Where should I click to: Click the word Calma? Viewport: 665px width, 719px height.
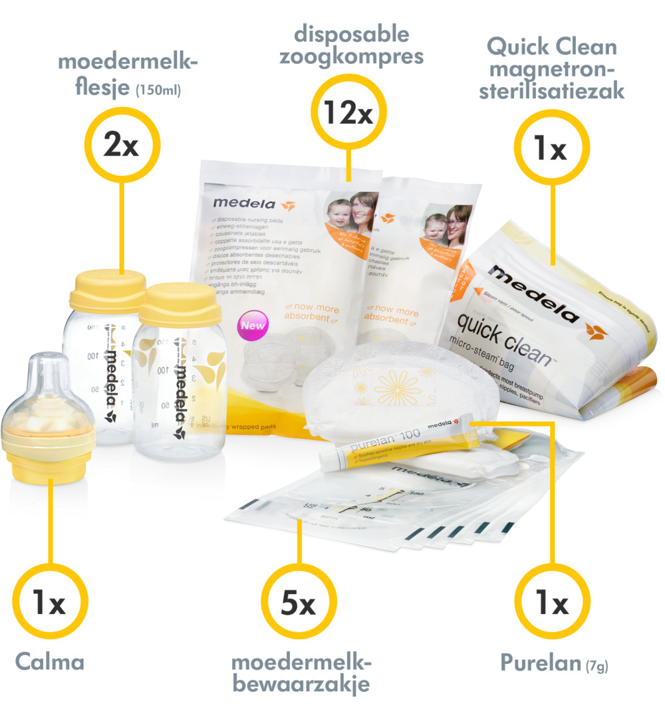50,662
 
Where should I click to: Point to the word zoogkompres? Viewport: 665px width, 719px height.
351,56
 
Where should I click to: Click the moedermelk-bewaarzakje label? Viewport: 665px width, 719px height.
301,672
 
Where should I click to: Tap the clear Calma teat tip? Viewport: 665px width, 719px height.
46,372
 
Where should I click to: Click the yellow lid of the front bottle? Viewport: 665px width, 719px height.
182,304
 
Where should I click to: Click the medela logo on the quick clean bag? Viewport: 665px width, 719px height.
532,292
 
